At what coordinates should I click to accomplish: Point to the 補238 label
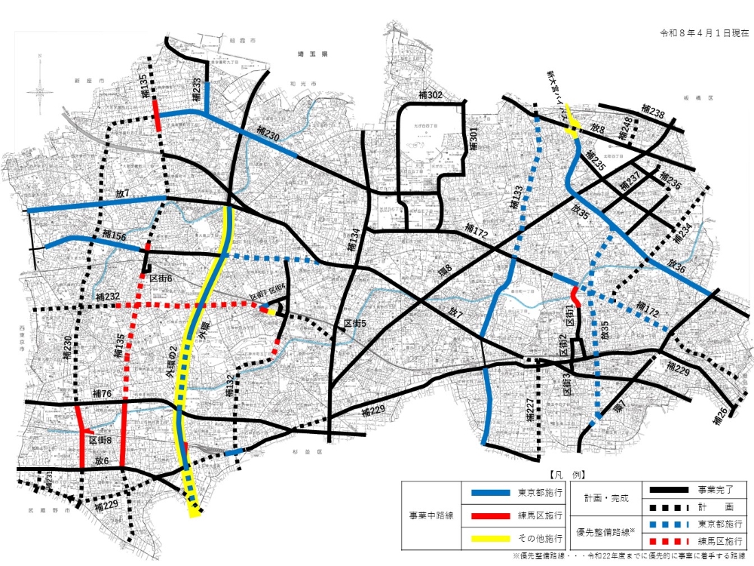click(652, 114)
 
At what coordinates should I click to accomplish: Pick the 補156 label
click(109, 236)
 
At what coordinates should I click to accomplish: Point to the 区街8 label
click(101, 440)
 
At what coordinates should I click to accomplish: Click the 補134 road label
click(353, 241)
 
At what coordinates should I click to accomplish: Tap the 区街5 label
click(355, 324)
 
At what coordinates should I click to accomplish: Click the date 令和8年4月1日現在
click(704, 33)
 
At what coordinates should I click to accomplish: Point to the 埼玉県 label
click(311, 55)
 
